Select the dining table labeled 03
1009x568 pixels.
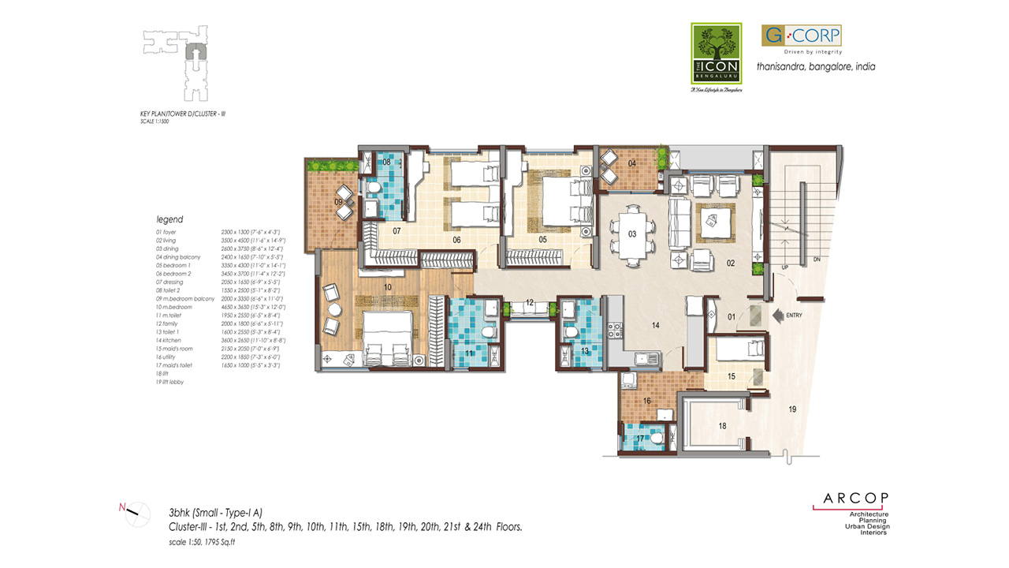(632, 234)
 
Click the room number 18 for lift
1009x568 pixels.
(722, 426)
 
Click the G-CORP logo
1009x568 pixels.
(801, 35)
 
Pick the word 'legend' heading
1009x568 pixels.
(169, 219)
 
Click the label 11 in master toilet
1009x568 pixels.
(470, 353)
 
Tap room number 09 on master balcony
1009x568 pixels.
(339, 203)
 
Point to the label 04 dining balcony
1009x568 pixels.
(632, 163)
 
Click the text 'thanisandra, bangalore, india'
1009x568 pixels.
(816, 67)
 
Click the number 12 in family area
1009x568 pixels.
(530, 302)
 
